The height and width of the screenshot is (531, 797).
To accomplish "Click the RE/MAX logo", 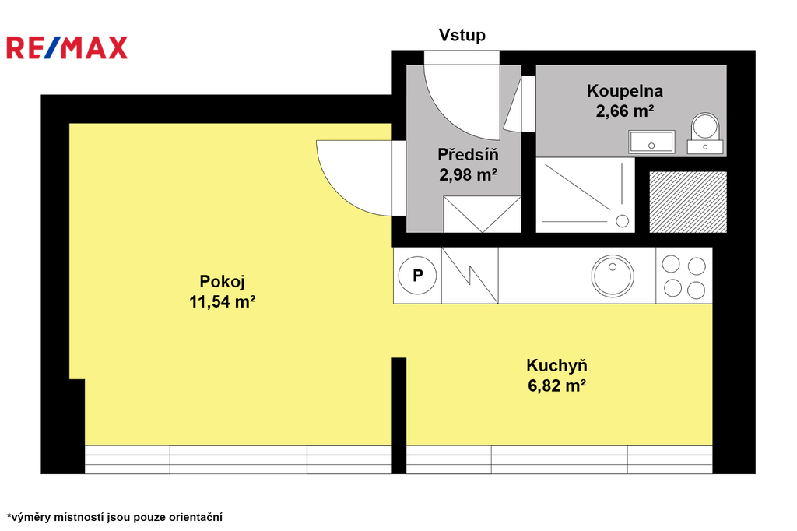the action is (x=67, y=47).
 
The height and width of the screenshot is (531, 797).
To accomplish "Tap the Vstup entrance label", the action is (x=462, y=35).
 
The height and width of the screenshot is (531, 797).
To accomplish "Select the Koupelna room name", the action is (x=625, y=90).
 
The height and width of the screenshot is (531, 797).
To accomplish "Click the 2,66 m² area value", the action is (x=625, y=111).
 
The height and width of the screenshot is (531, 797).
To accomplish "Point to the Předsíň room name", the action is (x=468, y=154).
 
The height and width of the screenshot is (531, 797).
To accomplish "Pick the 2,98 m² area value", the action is (x=468, y=174).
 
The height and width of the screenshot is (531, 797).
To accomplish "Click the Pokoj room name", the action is (x=222, y=281).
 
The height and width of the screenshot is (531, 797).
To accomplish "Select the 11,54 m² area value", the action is (x=222, y=301).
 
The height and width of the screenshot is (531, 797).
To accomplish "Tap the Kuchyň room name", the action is (x=556, y=365).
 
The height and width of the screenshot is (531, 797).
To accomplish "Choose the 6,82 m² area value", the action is (x=556, y=385).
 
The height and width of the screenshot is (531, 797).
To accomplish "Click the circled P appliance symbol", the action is (x=417, y=275).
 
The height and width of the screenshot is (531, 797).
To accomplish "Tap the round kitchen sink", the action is (x=613, y=276).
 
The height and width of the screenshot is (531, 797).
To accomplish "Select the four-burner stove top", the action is (x=684, y=276).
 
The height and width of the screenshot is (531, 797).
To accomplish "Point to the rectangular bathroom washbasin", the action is (x=651, y=142).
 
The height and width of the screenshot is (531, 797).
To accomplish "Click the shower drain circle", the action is (x=622, y=221).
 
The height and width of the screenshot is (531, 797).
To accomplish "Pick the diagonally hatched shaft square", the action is (x=688, y=202).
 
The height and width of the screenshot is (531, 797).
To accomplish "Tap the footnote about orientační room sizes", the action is (x=115, y=517).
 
